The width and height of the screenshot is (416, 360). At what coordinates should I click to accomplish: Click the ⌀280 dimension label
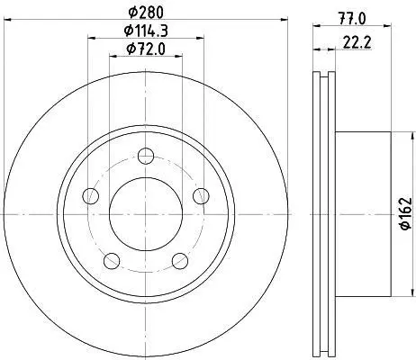[146, 13]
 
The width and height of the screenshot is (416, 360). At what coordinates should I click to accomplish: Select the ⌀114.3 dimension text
[146, 31]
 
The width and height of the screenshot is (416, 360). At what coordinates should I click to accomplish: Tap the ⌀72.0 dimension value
[146, 49]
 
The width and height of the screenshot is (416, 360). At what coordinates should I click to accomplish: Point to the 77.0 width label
[353, 20]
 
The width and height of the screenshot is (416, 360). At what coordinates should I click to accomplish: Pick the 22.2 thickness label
[357, 43]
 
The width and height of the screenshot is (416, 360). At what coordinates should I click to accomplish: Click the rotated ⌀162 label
[406, 213]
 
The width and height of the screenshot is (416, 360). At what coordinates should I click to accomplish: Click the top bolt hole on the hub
[146, 156]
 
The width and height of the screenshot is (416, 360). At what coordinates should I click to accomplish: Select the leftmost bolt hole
[90, 196]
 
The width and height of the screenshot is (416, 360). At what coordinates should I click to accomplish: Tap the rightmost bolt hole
[201, 196]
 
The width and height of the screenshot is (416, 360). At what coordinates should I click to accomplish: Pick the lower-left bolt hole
[112, 261]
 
